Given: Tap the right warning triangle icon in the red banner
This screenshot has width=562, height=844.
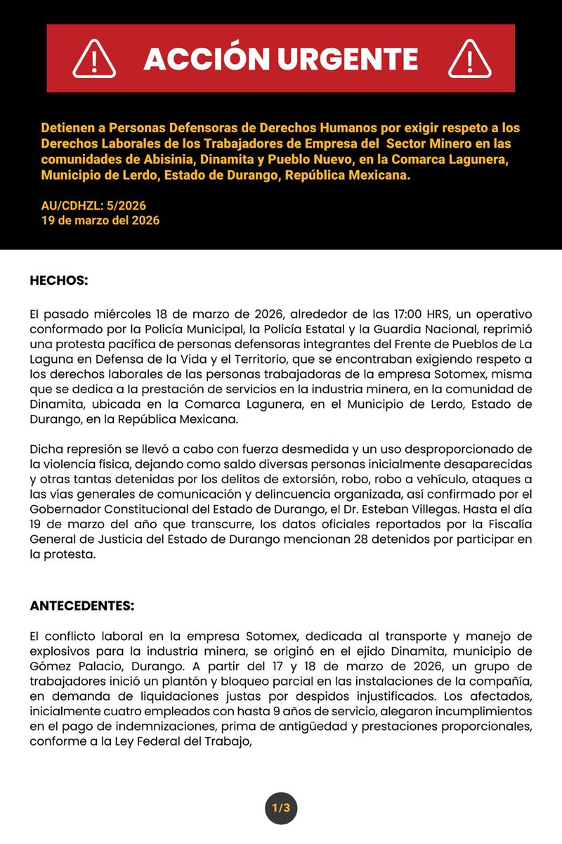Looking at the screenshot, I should click(470, 58).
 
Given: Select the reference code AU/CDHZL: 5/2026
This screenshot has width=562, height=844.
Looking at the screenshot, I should click(93, 206).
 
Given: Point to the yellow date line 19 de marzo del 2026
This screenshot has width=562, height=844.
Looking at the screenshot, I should click(100, 220).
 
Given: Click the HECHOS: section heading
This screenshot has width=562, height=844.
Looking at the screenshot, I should click(59, 280).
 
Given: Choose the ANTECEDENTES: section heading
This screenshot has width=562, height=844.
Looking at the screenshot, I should click(81, 605).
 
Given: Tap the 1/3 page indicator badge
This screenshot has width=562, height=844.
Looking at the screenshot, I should click(281, 808).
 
